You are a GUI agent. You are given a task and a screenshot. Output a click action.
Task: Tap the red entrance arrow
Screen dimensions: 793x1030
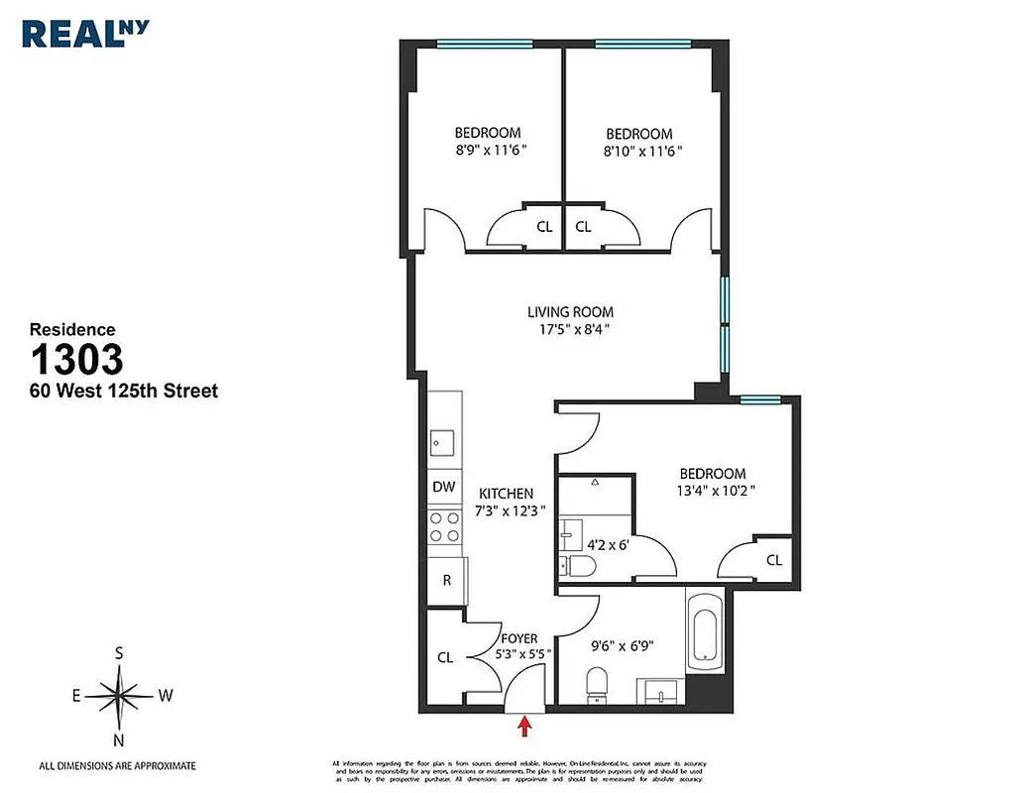(x=524, y=728)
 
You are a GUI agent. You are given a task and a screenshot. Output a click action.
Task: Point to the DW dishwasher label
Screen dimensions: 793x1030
(x=444, y=487)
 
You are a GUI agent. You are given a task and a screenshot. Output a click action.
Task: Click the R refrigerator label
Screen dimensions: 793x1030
(x=446, y=580)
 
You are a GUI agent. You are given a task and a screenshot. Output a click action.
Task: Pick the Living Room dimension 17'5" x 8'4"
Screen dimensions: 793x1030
(x=569, y=330)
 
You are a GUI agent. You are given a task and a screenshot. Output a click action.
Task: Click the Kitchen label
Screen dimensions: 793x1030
(x=506, y=493)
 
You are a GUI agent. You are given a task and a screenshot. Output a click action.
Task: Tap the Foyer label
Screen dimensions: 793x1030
(x=519, y=638)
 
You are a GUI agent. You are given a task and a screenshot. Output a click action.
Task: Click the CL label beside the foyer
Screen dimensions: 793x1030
(x=445, y=656)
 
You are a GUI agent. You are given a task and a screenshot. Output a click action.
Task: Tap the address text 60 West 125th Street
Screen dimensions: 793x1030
(x=123, y=392)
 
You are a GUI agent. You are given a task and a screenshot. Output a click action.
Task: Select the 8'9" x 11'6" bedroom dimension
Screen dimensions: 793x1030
(x=487, y=151)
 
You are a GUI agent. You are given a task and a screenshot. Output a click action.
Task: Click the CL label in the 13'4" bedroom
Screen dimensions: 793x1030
(x=773, y=560)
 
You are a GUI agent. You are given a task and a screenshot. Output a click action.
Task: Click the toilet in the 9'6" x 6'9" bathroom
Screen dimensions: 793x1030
(x=597, y=684)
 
